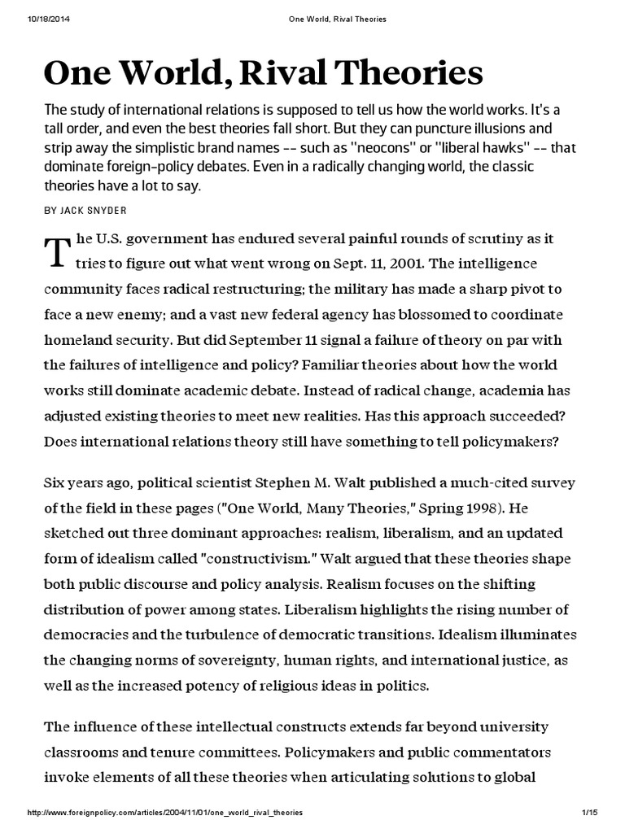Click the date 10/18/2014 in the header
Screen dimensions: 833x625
28,19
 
